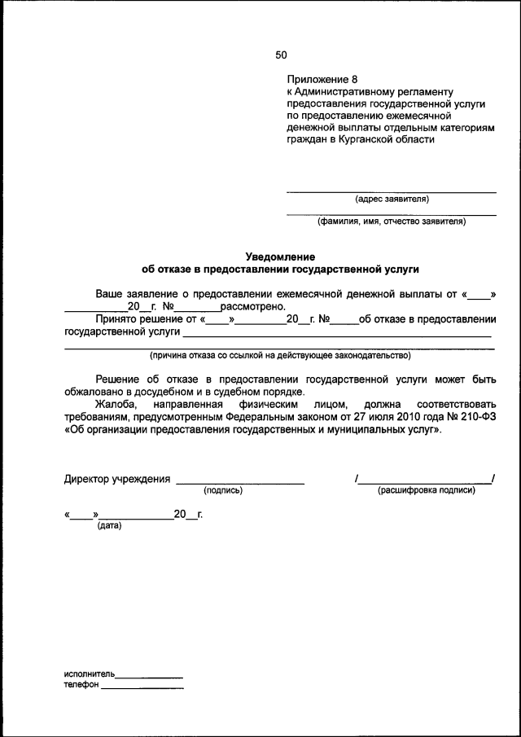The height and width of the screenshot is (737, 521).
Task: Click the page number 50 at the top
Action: coord(281,55)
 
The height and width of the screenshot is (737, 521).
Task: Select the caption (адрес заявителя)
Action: coord(392,199)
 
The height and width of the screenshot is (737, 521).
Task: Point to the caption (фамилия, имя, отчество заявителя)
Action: coord(392,221)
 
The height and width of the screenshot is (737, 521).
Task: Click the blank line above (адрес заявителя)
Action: coord(392,191)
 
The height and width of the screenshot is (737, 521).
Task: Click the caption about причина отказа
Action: coord(279,355)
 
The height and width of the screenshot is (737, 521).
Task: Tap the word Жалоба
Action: coord(117,404)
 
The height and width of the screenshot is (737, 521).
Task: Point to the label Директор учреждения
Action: coord(117,479)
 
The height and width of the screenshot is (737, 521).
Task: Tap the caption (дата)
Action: coord(109,525)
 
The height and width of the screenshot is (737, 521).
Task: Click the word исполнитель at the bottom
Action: coord(90,674)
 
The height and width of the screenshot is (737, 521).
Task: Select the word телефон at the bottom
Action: coord(81,685)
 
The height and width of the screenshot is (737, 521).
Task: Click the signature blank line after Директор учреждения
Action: coord(240,483)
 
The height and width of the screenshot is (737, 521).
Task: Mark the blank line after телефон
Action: coord(142,688)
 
